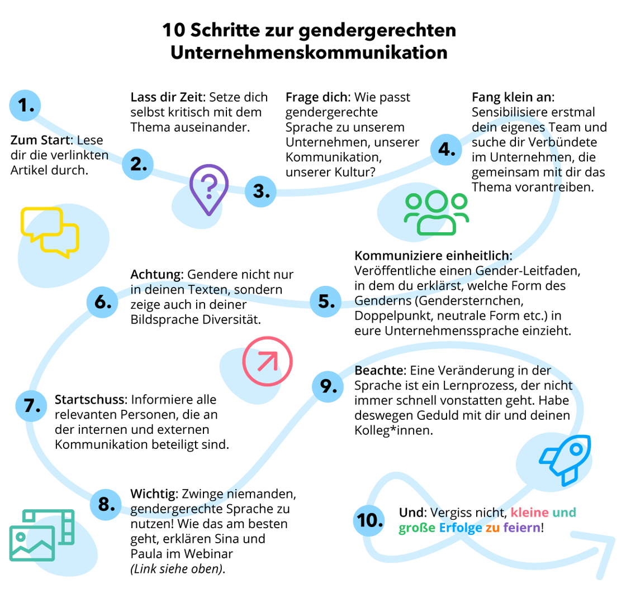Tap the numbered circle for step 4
click(446, 149)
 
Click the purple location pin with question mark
click(208, 189)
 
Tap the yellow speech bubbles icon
click(50, 231)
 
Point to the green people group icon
click(437, 213)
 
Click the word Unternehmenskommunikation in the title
click(309, 52)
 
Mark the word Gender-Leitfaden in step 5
click(528, 271)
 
